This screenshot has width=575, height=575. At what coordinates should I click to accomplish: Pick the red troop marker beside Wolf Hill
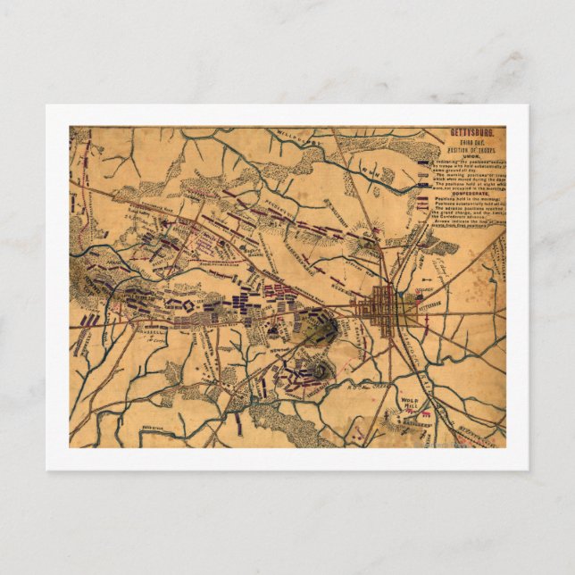point(426,413)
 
